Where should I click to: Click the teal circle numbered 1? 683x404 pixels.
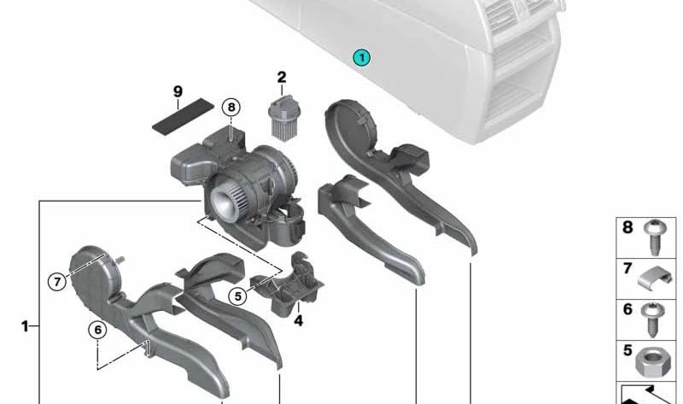pyautogui.click(x=361, y=57)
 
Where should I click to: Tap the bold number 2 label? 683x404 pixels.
pyautogui.click(x=282, y=77)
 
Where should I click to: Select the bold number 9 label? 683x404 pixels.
pyautogui.click(x=178, y=91)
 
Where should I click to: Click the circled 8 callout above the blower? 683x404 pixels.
pyautogui.click(x=231, y=108)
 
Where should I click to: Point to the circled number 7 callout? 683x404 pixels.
pyautogui.click(x=57, y=282)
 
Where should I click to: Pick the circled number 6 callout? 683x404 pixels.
pyautogui.click(x=97, y=330)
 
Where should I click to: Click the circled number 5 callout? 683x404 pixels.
pyautogui.click(x=238, y=296)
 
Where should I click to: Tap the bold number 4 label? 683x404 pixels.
pyautogui.click(x=298, y=321)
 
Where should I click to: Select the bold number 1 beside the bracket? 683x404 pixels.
pyautogui.click(x=25, y=326)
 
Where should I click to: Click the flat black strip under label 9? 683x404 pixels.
pyautogui.click(x=184, y=115)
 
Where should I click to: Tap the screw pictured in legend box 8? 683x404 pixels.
pyautogui.click(x=653, y=237)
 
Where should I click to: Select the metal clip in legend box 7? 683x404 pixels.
pyautogui.click(x=654, y=279)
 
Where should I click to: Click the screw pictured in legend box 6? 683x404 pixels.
pyautogui.click(x=652, y=319)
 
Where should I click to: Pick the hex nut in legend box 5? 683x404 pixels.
pyautogui.click(x=653, y=363)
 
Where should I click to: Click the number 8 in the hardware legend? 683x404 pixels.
pyautogui.click(x=628, y=227)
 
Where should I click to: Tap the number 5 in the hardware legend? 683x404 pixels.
pyautogui.click(x=628, y=350)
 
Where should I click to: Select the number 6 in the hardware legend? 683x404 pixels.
pyautogui.click(x=628, y=309)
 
